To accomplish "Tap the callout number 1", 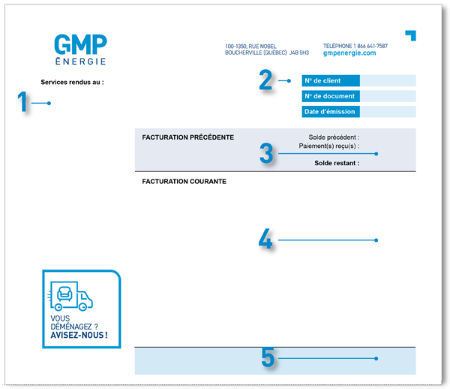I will point(23,103).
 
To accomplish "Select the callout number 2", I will point(266,80).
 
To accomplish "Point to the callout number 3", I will point(266,153).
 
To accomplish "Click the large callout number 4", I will point(265,240).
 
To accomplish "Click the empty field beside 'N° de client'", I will point(388,80).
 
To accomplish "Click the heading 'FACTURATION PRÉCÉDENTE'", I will point(188,137).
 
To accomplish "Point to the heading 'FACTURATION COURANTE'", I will point(184,181).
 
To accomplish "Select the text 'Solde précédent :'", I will point(334,137).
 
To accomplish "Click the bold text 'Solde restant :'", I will point(337,163).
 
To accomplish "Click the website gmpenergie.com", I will point(349,53).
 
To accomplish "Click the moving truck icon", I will point(73,294).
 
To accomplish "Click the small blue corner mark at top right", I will point(411,35).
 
